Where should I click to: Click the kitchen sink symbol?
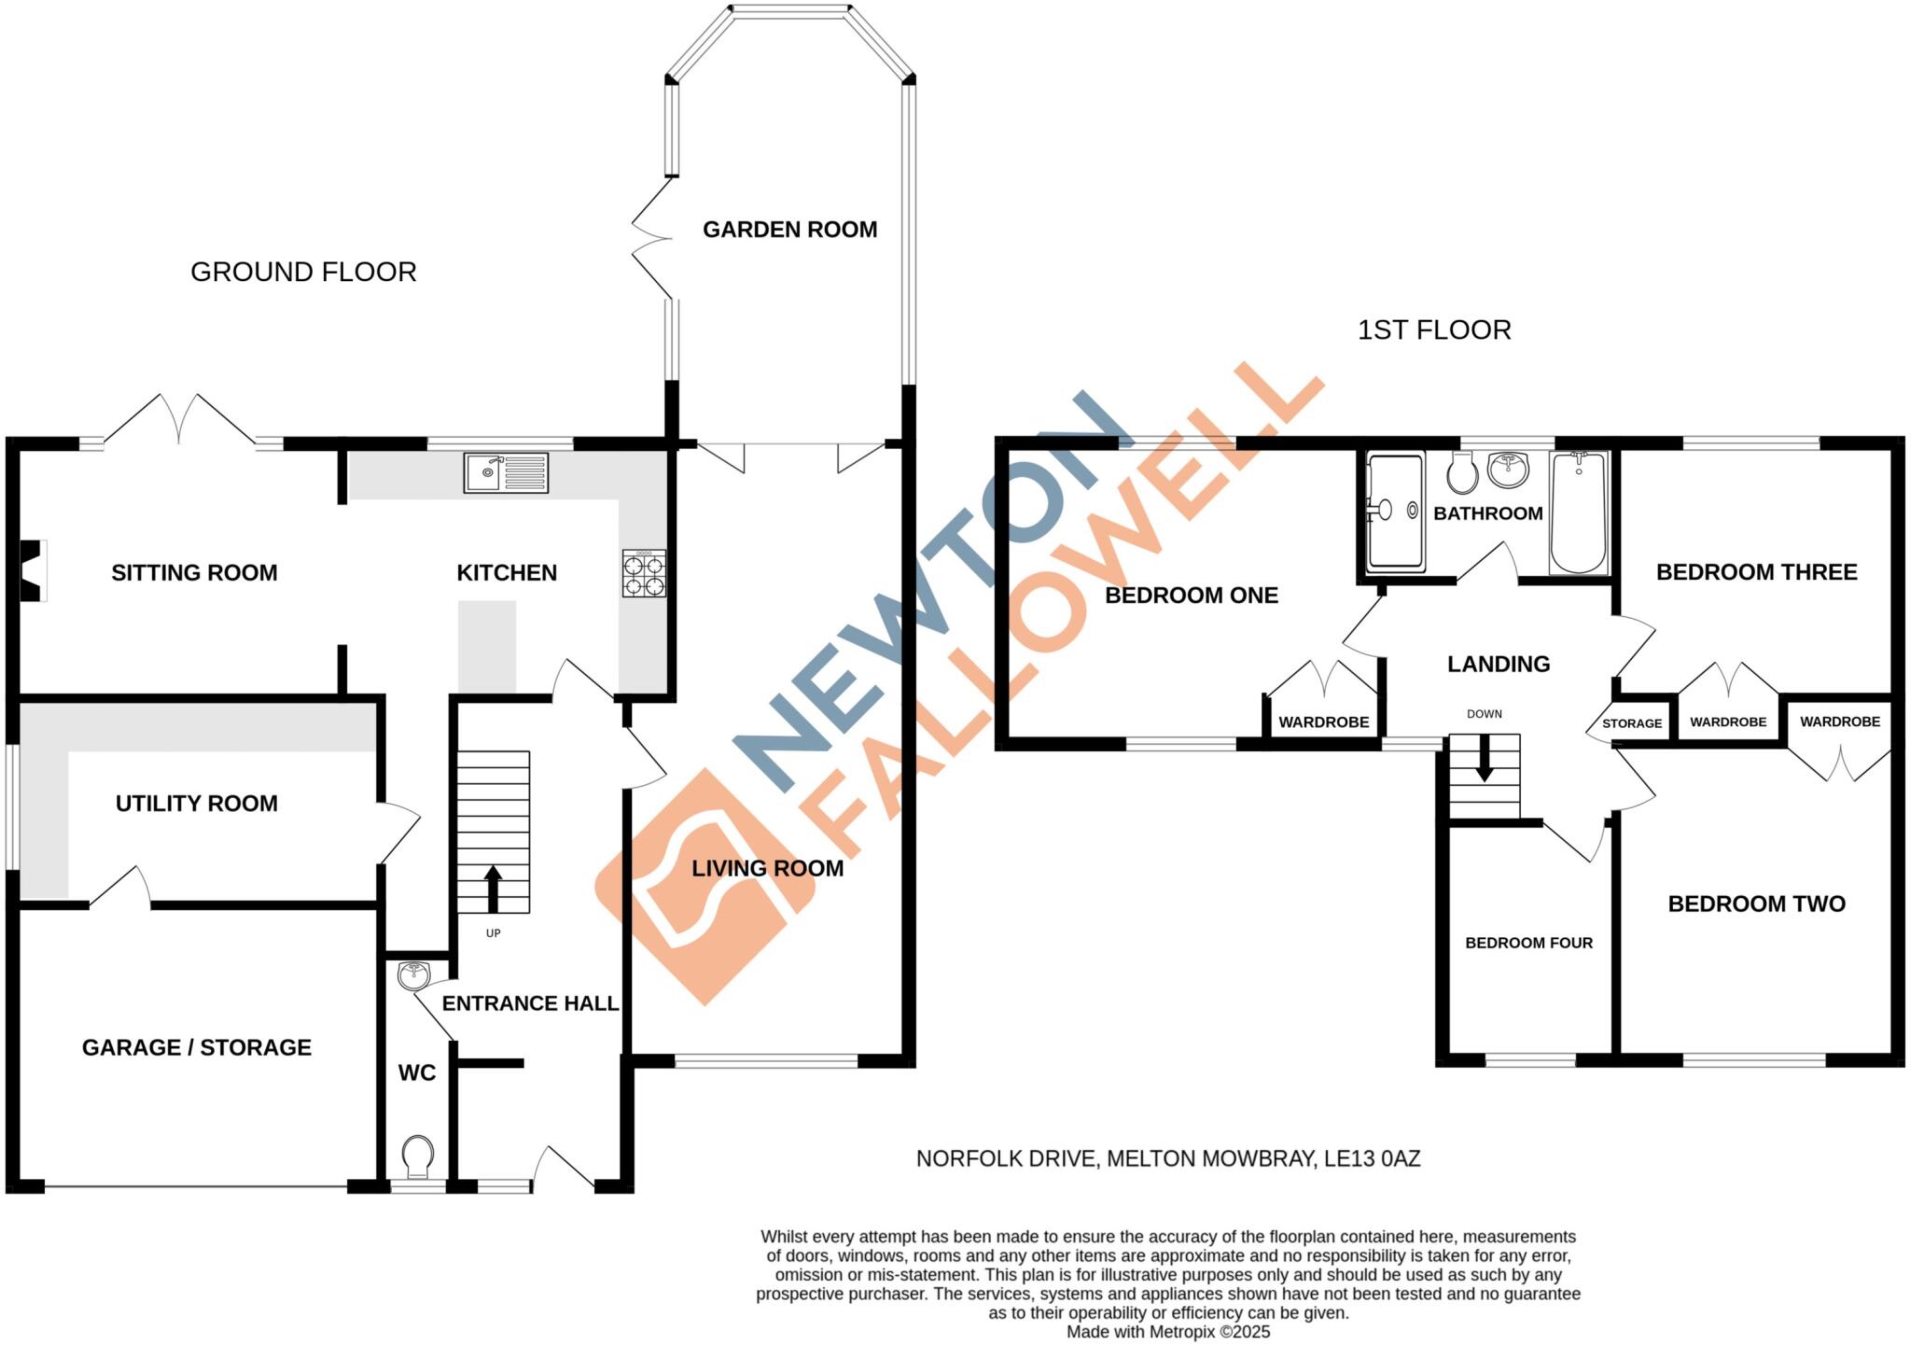(x=506, y=472)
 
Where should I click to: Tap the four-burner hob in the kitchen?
(x=644, y=573)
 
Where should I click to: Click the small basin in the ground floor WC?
(x=412, y=976)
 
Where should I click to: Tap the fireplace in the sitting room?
(x=32, y=570)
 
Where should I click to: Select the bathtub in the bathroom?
(x=1578, y=512)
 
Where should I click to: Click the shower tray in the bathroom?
(x=1395, y=511)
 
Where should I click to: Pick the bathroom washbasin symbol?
(x=1508, y=469)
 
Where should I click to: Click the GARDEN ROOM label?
(x=789, y=230)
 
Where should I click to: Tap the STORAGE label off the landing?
(x=1632, y=723)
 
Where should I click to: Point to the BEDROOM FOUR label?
(x=1528, y=943)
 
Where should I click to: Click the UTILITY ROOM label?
(x=197, y=804)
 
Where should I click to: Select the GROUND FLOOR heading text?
(x=303, y=272)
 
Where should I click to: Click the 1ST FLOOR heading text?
(x=1433, y=329)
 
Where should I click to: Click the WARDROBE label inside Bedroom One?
(x=1323, y=722)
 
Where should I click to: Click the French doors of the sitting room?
(x=179, y=419)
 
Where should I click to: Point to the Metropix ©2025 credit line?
(x=1167, y=1332)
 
